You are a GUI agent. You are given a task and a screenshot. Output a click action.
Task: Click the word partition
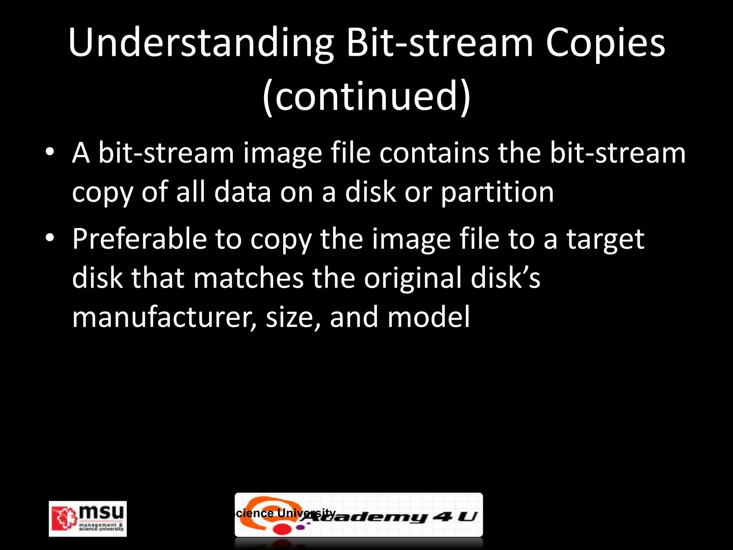497,192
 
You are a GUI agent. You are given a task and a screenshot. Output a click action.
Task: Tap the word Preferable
140,239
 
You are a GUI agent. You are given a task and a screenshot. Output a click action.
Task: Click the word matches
248,278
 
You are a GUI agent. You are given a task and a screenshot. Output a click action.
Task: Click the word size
293,318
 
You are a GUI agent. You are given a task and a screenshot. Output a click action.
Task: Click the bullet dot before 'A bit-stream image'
50,153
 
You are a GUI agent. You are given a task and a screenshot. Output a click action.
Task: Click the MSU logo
88,518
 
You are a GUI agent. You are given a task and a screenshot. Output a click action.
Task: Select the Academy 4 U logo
394,516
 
